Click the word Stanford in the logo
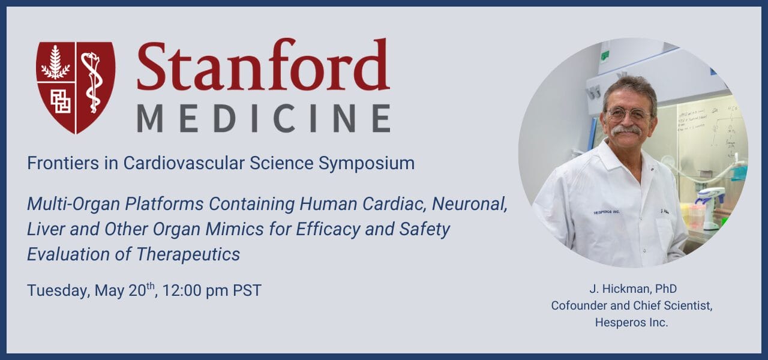click(263, 65)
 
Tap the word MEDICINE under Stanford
click(263, 118)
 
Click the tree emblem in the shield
click(56, 62)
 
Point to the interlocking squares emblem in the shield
click(61, 101)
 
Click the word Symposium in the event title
click(367, 164)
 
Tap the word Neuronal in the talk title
click(470, 205)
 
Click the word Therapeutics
click(188, 255)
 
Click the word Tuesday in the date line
click(59, 291)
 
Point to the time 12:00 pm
click(196, 290)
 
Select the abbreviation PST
click(247, 290)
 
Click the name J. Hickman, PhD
click(633, 289)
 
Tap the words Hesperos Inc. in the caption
click(632, 323)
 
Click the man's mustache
click(626, 131)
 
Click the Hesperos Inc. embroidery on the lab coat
click(607, 212)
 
